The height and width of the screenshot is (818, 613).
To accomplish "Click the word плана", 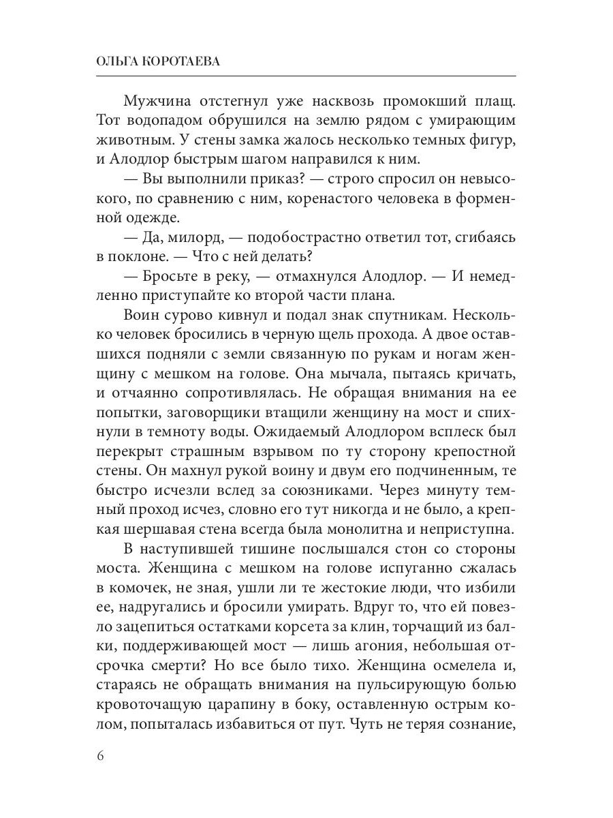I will pos(389,298).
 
